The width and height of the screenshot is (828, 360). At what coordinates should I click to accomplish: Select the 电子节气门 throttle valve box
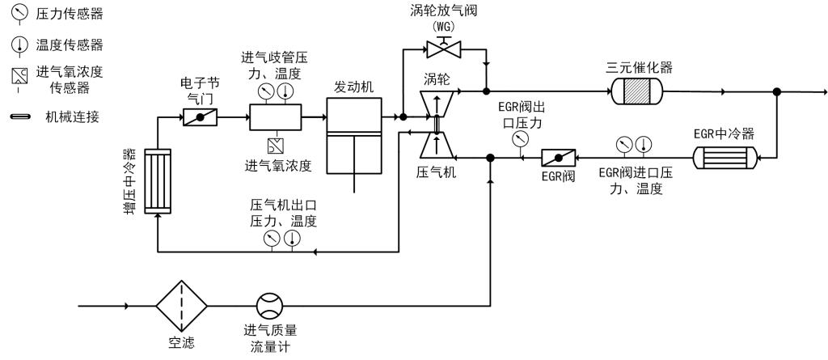pos(199,117)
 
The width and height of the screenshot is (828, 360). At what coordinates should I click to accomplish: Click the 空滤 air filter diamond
pos(182,307)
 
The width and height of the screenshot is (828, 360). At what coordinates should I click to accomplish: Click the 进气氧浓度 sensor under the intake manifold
pos(274,146)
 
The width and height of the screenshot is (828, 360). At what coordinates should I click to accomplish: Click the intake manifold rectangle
pos(274,118)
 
